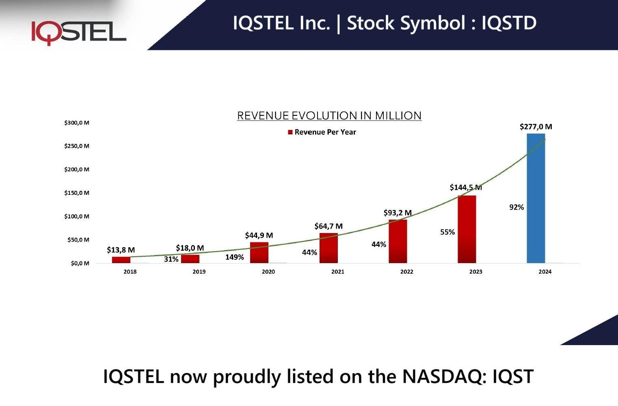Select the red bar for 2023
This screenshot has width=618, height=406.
(x=467, y=229)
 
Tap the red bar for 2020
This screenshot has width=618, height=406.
(x=259, y=253)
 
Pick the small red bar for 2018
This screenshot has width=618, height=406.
(x=121, y=260)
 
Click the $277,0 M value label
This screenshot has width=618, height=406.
(x=536, y=127)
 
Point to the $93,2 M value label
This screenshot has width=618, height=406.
(x=398, y=213)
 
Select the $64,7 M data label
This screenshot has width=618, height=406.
(x=328, y=226)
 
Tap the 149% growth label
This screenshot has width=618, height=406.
(x=235, y=257)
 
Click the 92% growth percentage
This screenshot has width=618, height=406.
(x=516, y=207)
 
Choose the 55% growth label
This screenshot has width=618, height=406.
(x=447, y=232)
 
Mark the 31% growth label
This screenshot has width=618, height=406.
(x=171, y=259)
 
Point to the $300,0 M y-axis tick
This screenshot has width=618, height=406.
(x=77, y=123)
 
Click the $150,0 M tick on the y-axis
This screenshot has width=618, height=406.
(x=77, y=193)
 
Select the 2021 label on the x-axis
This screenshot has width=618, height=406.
(x=337, y=272)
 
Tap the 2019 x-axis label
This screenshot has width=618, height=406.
(x=199, y=272)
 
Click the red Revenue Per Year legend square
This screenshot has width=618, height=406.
(x=290, y=132)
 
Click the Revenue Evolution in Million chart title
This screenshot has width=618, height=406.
(x=329, y=116)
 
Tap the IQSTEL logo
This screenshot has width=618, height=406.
(x=79, y=32)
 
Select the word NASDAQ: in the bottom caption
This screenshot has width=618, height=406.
(x=444, y=376)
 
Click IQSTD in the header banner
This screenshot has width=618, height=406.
(x=509, y=23)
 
